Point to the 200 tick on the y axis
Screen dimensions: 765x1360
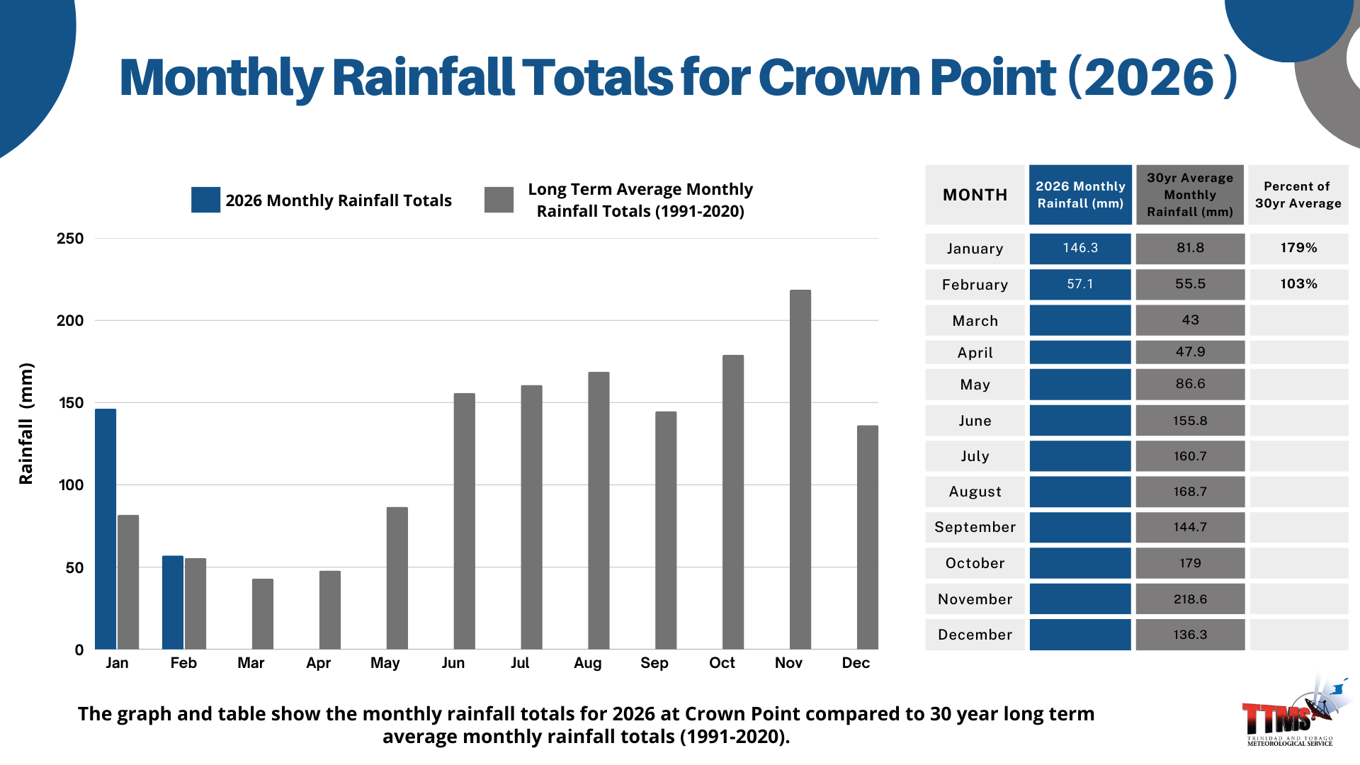(x=70, y=321)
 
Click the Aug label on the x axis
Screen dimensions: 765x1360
(x=588, y=663)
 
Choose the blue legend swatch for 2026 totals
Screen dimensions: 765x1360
(x=205, y=200)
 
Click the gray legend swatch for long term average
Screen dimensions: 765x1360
(x=499, y=200)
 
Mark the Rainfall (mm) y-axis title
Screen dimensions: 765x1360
(x=26, y=424)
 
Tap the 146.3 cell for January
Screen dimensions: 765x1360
(x=1080, y=248)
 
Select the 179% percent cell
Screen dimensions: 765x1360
(x=1298, y=248)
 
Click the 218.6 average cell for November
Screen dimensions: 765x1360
(x=1190, y=599)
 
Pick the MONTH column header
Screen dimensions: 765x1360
(x=975, y=195)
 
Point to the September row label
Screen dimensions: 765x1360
(x=975, y=527)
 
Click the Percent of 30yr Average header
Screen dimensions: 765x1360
(x=1298, y=195)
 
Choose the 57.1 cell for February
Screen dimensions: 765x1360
(x=1080, y=284)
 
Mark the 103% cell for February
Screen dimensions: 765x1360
(x=1298, y=284)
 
